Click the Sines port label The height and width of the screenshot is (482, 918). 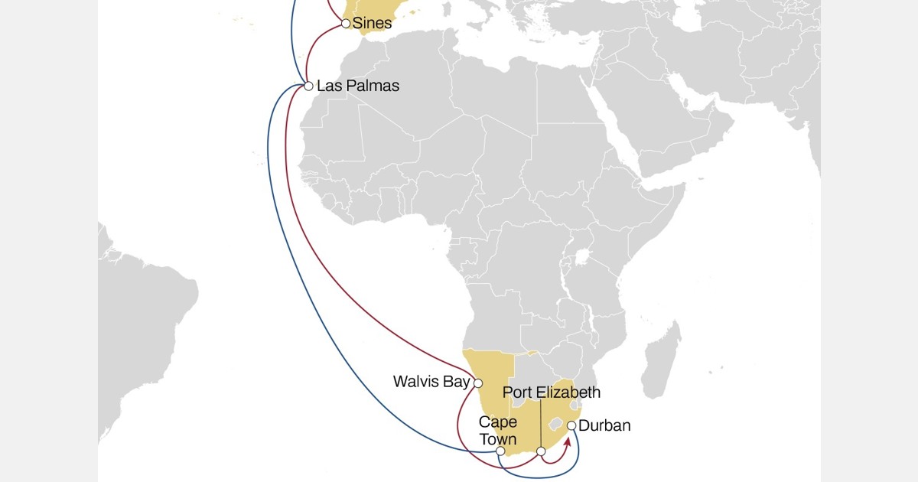[x=372, y=24]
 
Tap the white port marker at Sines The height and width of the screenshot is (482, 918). [x=346, y=24]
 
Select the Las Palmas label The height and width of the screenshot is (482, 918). [x=358, y=86]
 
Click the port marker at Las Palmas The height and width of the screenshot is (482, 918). [x=308, y=86]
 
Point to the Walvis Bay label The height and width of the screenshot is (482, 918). [x=431, y=381]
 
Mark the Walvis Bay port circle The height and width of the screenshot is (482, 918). [x=478, y=385]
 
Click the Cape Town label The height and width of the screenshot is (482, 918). [x=498, y=431]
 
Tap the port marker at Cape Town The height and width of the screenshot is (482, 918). [x=500, y=451]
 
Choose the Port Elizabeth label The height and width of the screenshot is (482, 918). [x=551, y=392]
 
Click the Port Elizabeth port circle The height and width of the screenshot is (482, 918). [x=541, y=451]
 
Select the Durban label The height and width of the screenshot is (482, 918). [x=604, y=426]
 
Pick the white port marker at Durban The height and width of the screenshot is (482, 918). [x=571, y=425]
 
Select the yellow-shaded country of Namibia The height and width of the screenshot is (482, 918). [x=490, y=375]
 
